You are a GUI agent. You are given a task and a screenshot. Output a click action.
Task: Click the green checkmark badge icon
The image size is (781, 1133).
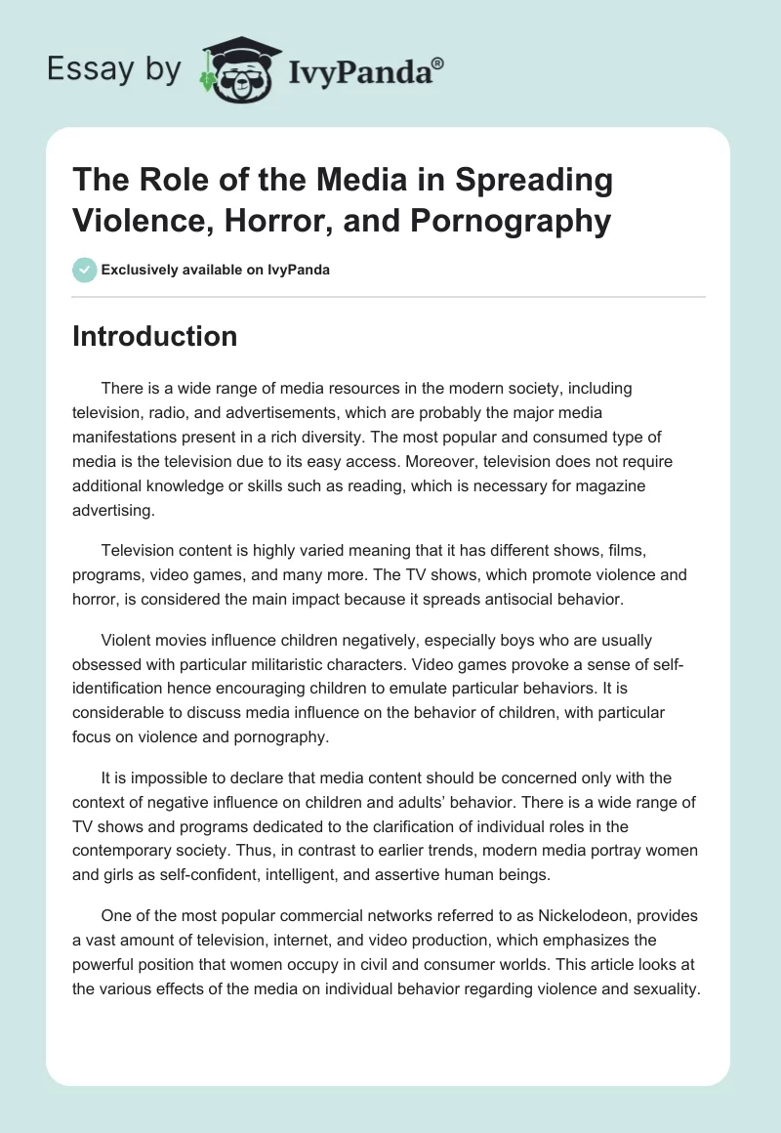[x=85, y=270]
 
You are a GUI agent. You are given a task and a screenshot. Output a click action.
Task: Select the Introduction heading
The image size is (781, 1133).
[x=154, y=336]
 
